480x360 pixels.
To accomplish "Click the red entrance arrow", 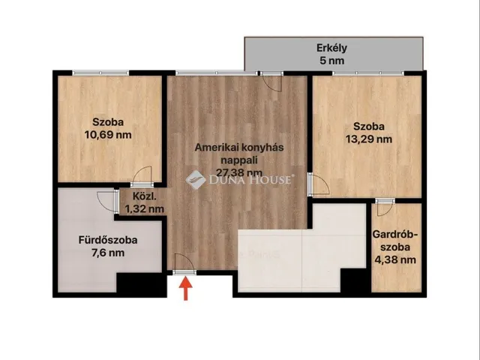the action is pyautogui.click(x=186, y=288).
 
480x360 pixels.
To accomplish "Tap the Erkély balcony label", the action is pyautogui.click(x=331, y=48).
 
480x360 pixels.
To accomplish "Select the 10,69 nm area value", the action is pyautogui.click(x=108, y=135).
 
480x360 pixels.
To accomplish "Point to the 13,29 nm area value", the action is pyautogui.click(x=369, y=139).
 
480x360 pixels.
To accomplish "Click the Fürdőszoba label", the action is pyautogui.click(x=108, y=240).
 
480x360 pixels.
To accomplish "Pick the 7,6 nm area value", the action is pyautogui.click(x=108, y=253).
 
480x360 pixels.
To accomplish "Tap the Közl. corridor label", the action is pyautogui.click(x=145, y=196).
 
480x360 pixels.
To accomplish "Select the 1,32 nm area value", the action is pyautogui.click(x=145, y=209).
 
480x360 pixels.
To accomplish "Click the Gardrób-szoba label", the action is pyautogui.click(x=395, y=241).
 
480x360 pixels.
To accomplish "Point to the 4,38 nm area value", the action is pyautogui.click(x=395, y=260).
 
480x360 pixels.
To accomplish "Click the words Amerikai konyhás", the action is pyautogui.click(x=239, y=147).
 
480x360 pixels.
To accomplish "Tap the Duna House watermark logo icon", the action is pyautogui.click(x=195, y=180).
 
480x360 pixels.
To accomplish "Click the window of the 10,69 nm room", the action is pyautogui.click(x=100, y=73).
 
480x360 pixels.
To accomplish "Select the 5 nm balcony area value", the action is pyautogui.click(x=331, y=61).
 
